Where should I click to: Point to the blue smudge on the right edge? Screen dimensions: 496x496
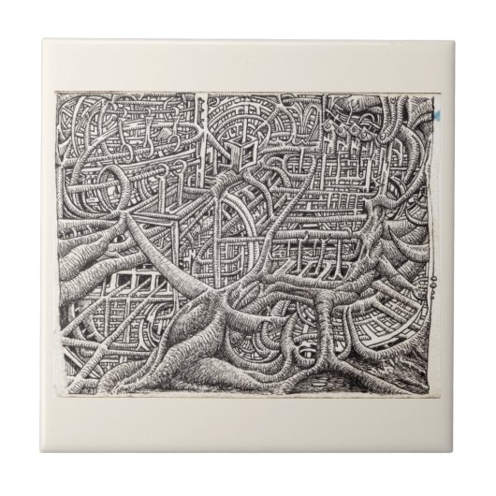pyautogui.click(x=434, y=120)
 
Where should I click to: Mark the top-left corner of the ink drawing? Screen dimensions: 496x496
pyautogui.click(x=57, y=93)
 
